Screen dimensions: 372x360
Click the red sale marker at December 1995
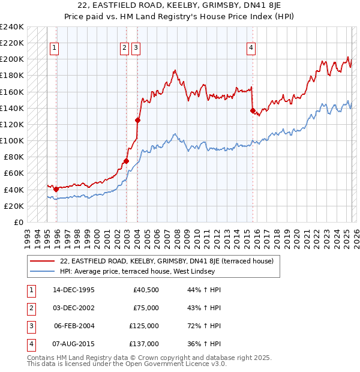(x=56, y=189)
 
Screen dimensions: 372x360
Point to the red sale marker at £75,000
(x=127, y=161)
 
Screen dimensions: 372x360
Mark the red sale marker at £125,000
(x=138, y=120)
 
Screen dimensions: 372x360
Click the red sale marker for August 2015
(x=253, y=110)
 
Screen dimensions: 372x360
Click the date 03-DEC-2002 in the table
(x=74, y=308)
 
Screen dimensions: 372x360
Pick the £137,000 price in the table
(x=144, y=344)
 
